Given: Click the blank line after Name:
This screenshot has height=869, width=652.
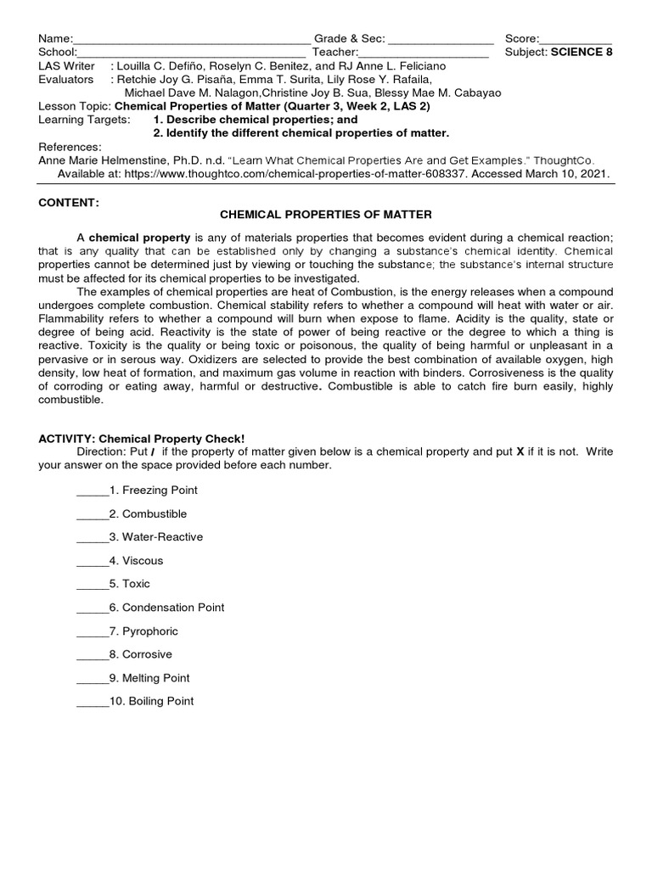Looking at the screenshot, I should tap(192, 40).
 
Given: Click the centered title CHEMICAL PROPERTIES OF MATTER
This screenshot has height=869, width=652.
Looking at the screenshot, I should tap(325, 216).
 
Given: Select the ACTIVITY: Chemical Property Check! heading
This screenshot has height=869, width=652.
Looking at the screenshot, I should tap(142, 439).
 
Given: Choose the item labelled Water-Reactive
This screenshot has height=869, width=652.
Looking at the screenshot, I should tap(162, 537).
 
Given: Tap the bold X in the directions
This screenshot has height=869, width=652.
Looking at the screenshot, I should tap(520, 452).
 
